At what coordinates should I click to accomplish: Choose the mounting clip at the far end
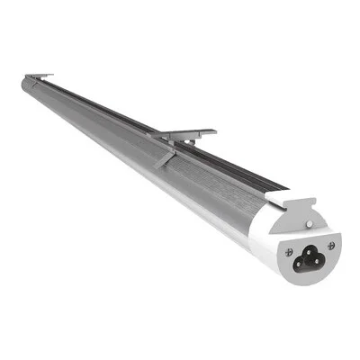39,77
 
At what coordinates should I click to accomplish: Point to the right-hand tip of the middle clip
213,131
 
